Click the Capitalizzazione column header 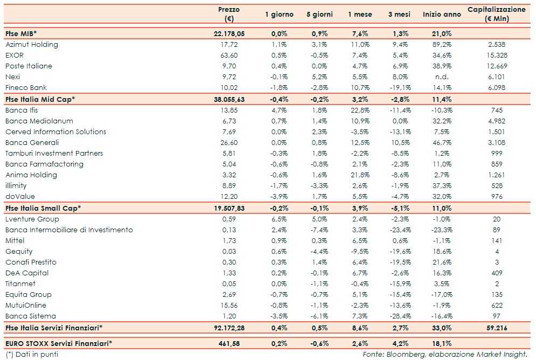496,15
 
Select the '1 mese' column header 358,15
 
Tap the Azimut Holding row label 32,45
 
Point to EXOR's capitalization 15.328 496,56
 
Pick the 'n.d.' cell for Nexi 442,77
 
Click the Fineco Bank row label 26,88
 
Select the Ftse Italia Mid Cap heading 40,99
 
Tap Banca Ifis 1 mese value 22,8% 358,110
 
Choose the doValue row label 19,197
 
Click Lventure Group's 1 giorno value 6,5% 279,219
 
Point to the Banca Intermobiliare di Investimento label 69,230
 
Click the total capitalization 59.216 496,328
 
